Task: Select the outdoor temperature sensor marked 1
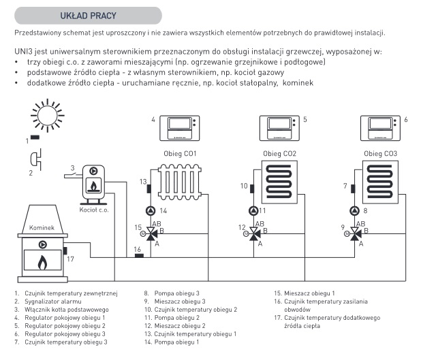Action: pyautogui.click(x=34, y=137)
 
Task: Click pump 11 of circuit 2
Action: pyautogui.click(x=253, y=210)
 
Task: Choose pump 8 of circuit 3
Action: pyautogui.click(x=354, y=210)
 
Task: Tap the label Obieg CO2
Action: pyautogui.click(x=279, y=153)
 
